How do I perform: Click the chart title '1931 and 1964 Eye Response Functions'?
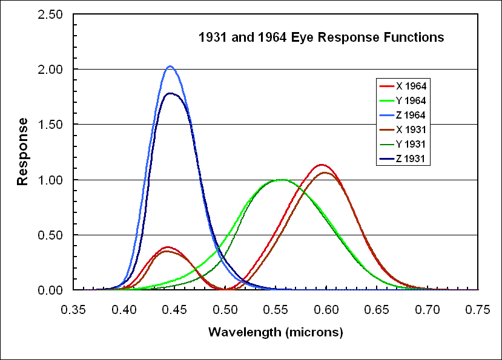[x=322, y=38]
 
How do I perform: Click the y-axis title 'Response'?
[x=23, y=151]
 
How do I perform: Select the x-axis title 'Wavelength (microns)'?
[x=276, y=332]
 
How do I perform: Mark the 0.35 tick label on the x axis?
[x=74, y=310]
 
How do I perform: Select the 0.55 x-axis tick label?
[x=276, y=310]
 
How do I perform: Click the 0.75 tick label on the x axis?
[x=478, y=310]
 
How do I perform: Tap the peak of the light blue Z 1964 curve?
[x=170, y=67]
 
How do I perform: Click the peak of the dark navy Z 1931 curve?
[x=170, y=93]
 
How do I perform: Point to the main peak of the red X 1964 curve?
[x=322, y=165]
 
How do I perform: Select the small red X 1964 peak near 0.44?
[x=167, y=247]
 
